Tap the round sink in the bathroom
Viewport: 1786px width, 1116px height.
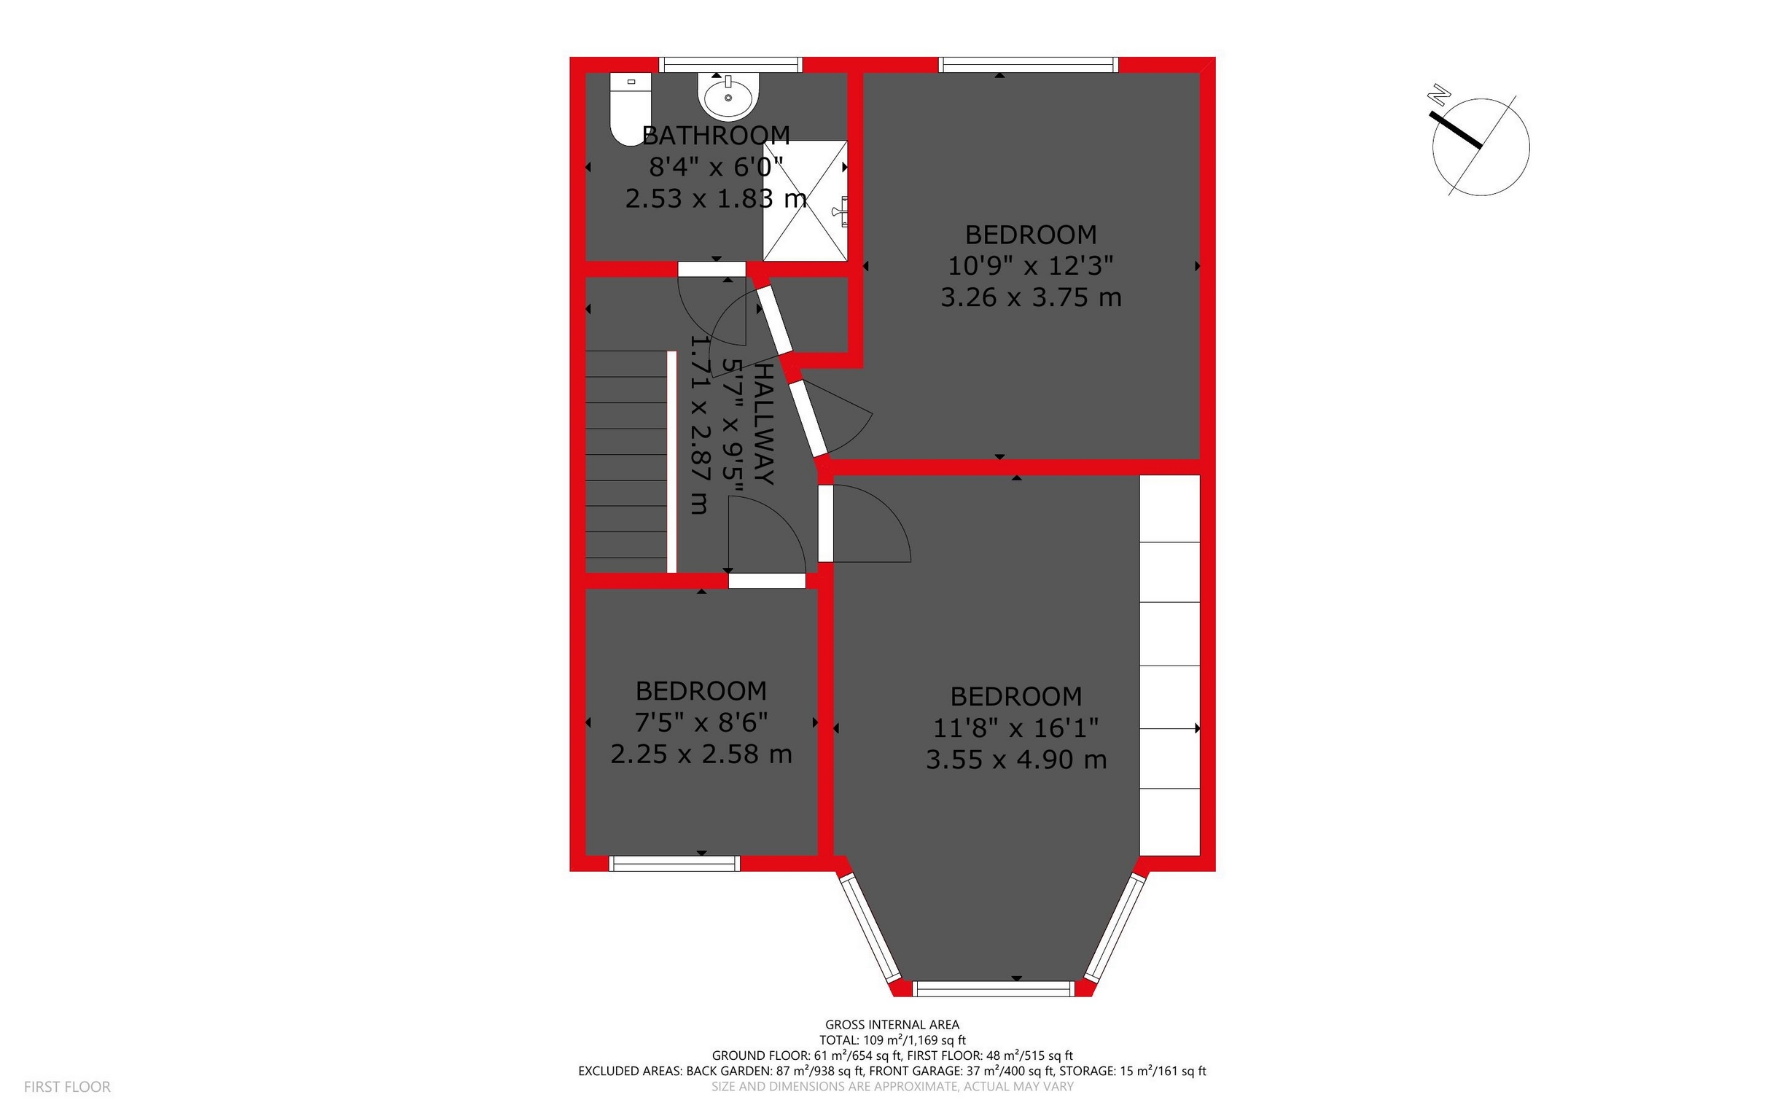pyautogui.click(x=728, y=97)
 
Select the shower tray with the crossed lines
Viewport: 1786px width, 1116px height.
pyautogui.click(x=805, y=200)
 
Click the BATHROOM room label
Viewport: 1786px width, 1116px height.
pyautogui.click(x=716, y=135)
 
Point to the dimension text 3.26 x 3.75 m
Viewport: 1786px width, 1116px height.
pyautogui.click(x=1030, y=297)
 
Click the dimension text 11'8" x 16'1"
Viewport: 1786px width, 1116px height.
pyautogui.click(x=1015, y=728)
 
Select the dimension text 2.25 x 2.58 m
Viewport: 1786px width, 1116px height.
pyautogui.click(x=701, y=754)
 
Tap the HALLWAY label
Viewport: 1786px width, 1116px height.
pyautogui.click(x=765, y=424)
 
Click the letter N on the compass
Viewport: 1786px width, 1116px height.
pyautogui.click(x=1438, y=95)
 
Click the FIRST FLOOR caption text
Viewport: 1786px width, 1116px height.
pyautogui.click(x=67, y=1086)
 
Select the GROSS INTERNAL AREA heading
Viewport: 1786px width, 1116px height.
pyautogui.click(x=892, y=1024)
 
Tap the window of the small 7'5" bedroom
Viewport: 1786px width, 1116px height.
pyautogui.click(x=674, y=864)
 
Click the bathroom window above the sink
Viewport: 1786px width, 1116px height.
pyautogui.click(x=730, y=65)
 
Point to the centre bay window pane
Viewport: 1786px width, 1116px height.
pyautogui.click(x=994, y=989)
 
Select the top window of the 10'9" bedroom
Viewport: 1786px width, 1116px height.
pyautogui.click(x=1028, y=65)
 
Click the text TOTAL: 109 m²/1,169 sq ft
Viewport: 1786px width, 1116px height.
pyautogui.click(x=892, y=1040)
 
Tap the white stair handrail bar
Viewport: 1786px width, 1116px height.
pyautogui.click(x=671, y=462)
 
